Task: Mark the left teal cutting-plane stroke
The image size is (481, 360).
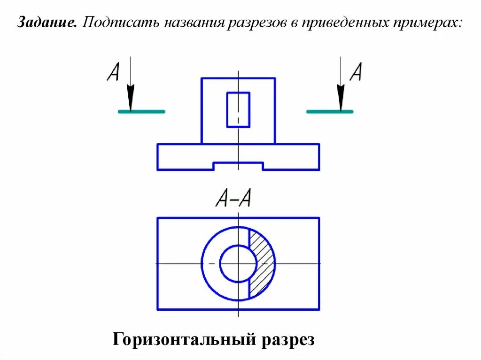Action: click(x=141, y=112)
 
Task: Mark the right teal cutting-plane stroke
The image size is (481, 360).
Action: click(x=330, y=112)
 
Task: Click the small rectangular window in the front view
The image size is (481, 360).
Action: click(x=238, y=110)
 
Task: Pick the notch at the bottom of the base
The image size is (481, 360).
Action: click(x=238, y=166)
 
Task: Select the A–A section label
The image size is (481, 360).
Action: click(x=233, y=199)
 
